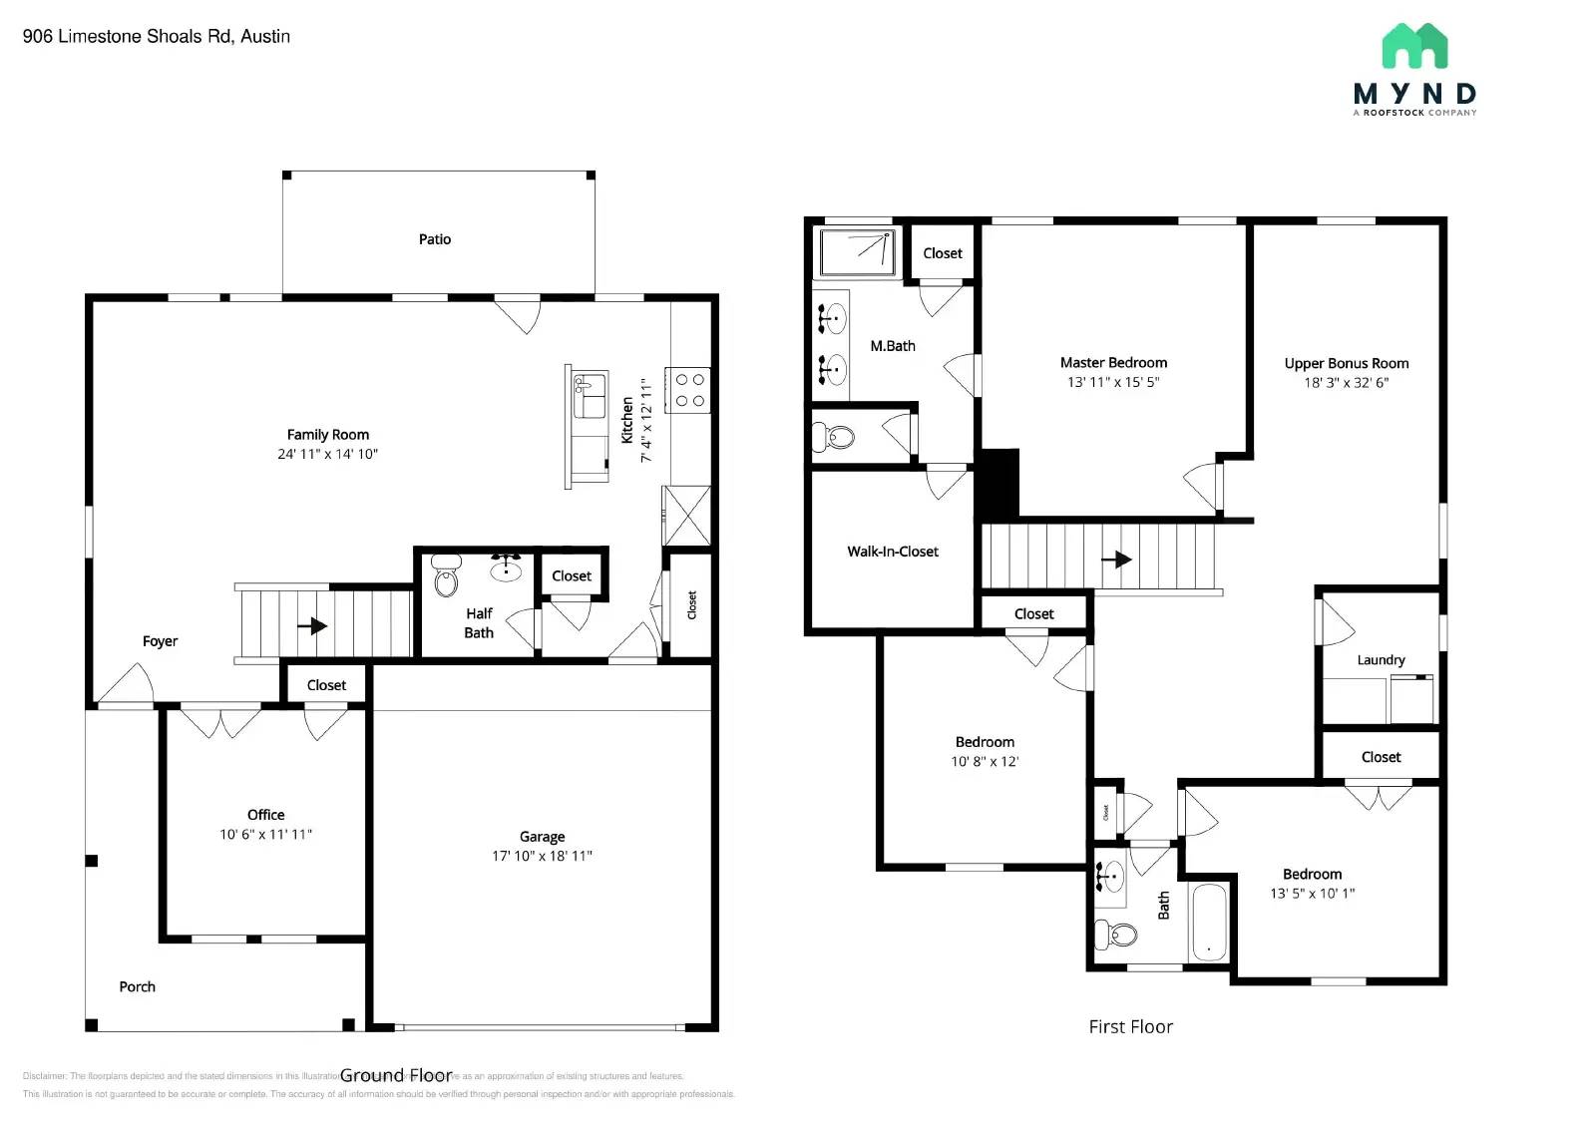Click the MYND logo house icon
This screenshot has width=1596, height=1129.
pos(1414,47)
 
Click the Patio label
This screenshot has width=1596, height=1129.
pos(434,239)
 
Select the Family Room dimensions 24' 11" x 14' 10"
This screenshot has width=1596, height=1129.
pos(327,454)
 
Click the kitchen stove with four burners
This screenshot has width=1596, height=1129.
pos(689,390)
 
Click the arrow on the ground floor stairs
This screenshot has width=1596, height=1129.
pos(312,626)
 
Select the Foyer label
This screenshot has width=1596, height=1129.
pos(160,641)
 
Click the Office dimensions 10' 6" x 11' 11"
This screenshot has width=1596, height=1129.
pos(265,834)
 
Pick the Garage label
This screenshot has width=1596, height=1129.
pos(542,837)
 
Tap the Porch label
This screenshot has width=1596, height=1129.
pos(137,986)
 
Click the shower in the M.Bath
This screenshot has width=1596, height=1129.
pos(858,252)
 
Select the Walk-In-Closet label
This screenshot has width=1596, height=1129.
pos(893,552)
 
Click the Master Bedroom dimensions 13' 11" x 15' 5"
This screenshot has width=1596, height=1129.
pos(1113,382)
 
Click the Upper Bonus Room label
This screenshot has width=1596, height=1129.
pos(1346,364)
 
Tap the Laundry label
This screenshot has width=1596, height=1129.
pos(1381,660)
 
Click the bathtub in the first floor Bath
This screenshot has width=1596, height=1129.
pos(1209,922)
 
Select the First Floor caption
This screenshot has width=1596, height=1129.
pos(1130,1026)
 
